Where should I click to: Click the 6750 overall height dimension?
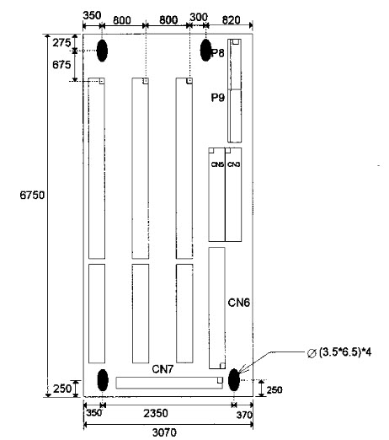32,195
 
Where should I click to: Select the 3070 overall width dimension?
164,432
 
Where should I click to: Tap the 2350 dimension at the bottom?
156,413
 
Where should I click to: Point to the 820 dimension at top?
232,20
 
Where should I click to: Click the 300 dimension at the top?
199,17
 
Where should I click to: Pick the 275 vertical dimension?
61,43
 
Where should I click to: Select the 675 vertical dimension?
61,65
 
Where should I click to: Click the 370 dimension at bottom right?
244,415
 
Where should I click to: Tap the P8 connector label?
218,52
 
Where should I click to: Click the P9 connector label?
218,98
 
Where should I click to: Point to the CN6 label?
239,303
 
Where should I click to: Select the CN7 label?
163,369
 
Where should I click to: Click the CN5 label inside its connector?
217,164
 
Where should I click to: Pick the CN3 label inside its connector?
233,164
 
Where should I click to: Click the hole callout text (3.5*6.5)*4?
339,352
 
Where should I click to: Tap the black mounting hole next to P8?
205,51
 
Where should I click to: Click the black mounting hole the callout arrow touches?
234,379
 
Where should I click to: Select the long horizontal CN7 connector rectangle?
169,383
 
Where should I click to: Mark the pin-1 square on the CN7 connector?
220,380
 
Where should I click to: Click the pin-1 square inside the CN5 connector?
211,150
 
